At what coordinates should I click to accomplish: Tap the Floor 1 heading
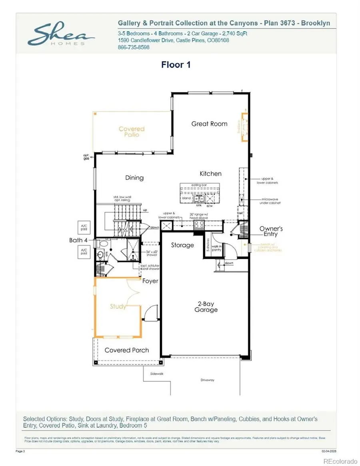176,65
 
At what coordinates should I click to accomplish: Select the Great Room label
209,124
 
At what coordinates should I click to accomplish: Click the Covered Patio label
132,132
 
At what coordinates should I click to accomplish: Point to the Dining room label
134,178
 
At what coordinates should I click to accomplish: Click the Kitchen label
210,174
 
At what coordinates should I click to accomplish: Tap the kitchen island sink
199,198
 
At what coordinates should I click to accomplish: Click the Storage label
182,245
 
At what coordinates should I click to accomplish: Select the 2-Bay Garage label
206,306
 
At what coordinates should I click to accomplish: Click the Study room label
118,306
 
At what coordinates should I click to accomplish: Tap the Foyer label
150,281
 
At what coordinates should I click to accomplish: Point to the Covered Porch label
126,350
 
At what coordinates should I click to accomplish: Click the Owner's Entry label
271,231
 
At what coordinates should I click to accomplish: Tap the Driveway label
207,380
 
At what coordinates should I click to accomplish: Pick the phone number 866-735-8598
134,47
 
